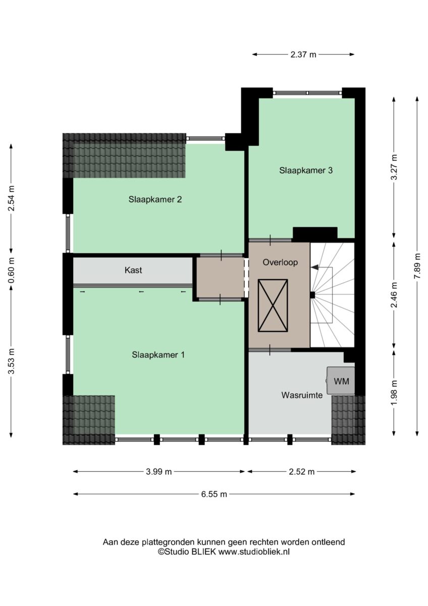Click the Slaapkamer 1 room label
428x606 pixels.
pos(158,355)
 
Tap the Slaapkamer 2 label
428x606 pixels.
pos(155,199)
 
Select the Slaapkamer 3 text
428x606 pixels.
pos(306,171)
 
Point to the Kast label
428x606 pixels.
pos(133,270)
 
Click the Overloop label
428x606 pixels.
pos(280,262)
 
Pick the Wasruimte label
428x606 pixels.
pos(302,395)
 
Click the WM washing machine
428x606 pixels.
pos(340,381)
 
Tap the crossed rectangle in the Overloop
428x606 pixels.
pos(273,306)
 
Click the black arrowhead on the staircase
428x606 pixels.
pos(314,267)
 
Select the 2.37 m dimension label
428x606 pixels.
pos(303,55)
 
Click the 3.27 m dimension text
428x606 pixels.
pos(395,167)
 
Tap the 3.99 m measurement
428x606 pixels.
pos(158,472)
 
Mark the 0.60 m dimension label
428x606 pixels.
pos(11,270)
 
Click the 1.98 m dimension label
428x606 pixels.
pos(395,392)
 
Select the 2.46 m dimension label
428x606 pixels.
pos(395,294)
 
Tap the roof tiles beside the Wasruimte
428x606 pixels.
pos(348,420)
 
